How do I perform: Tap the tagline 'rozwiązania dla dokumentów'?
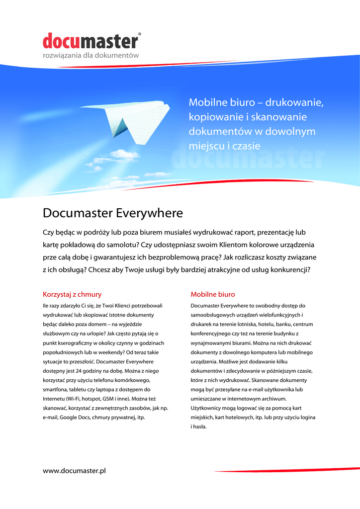[x=90, y=55]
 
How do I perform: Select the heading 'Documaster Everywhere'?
[x=113, y=213]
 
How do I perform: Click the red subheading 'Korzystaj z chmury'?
[x=72, y=294]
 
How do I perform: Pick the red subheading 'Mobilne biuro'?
[x=213, y=294]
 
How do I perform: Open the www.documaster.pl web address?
[x=75, y=470]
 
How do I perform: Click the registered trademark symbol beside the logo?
[x=140, y=34]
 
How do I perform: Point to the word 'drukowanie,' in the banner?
[x=294, y=103]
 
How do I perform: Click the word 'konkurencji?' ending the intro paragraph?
[x=289, y=270]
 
